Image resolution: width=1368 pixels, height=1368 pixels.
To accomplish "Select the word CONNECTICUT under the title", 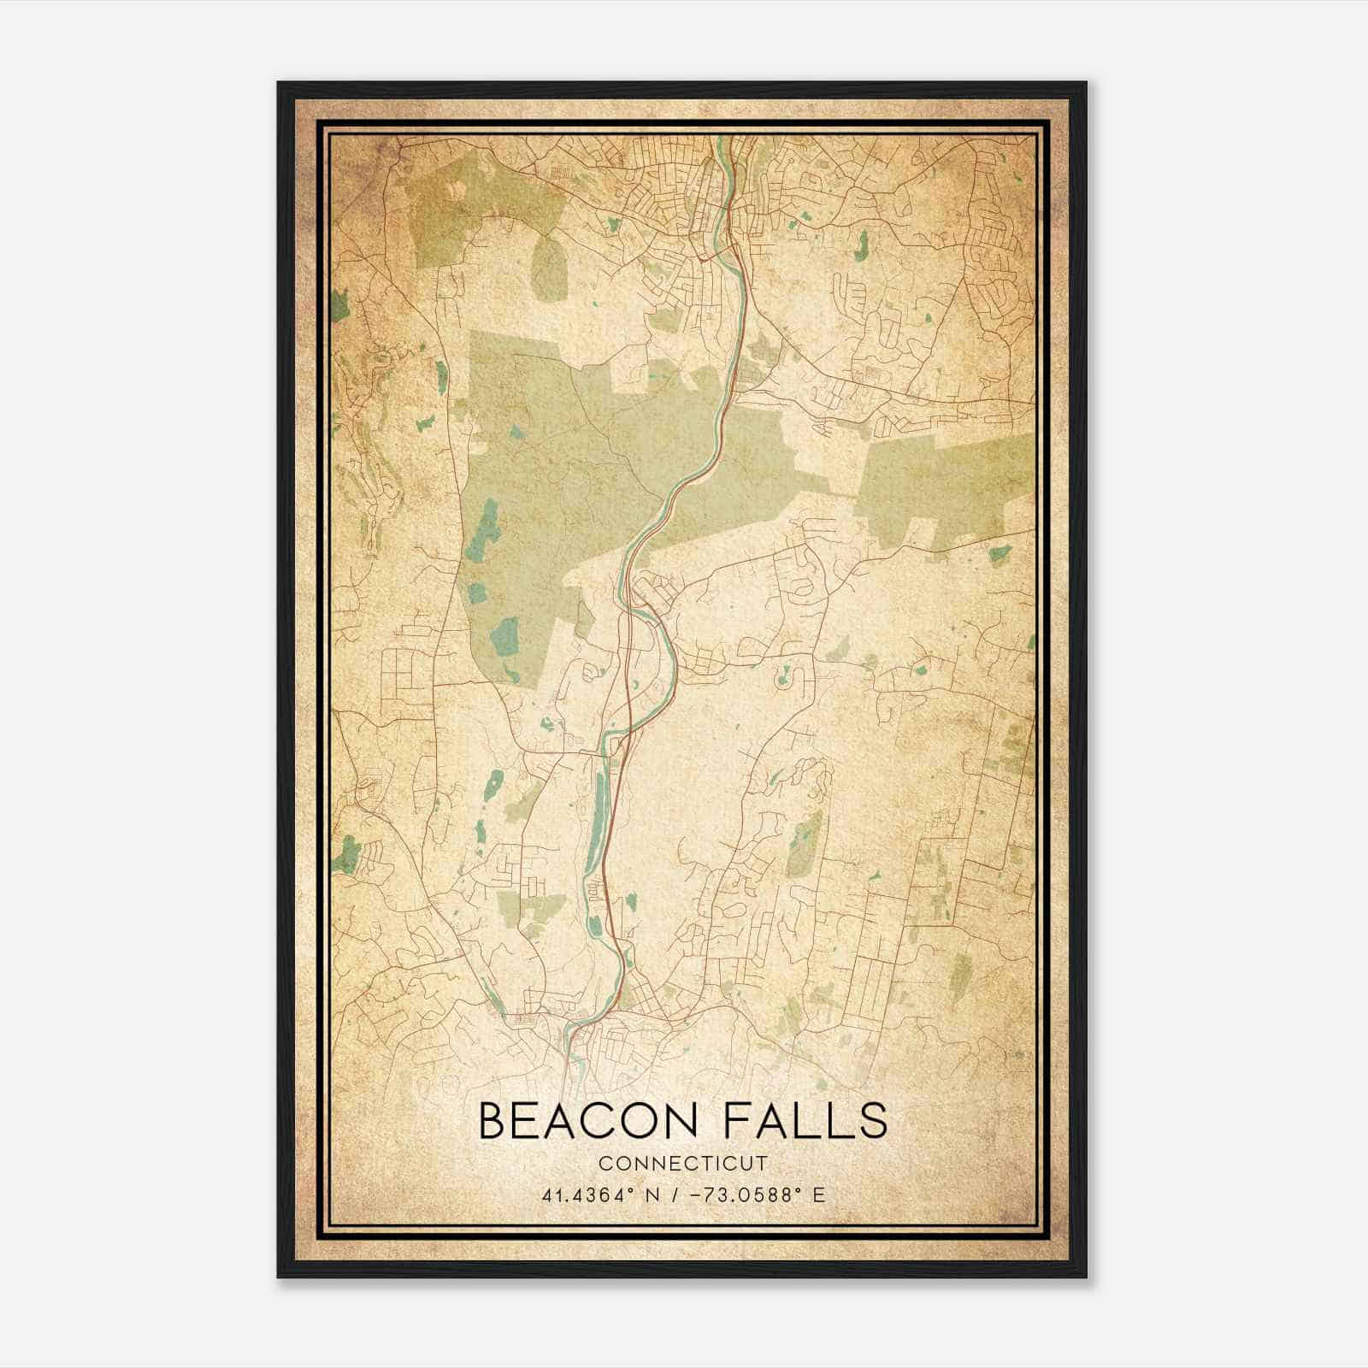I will [x=683, y=1164].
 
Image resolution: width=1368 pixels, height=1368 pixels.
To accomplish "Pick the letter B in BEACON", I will [x=493, y=1121].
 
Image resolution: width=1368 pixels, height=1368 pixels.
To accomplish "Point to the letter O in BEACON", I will [x=633, y=1121].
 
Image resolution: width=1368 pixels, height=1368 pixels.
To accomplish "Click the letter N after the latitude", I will [x=653, y=1194].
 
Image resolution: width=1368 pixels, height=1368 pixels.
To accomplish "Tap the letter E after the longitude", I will [x=819, y=1194].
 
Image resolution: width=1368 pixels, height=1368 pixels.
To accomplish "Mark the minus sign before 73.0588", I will [x=694, y=1194].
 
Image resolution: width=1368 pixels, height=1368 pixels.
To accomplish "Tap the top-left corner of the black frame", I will [x=279, y=83].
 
